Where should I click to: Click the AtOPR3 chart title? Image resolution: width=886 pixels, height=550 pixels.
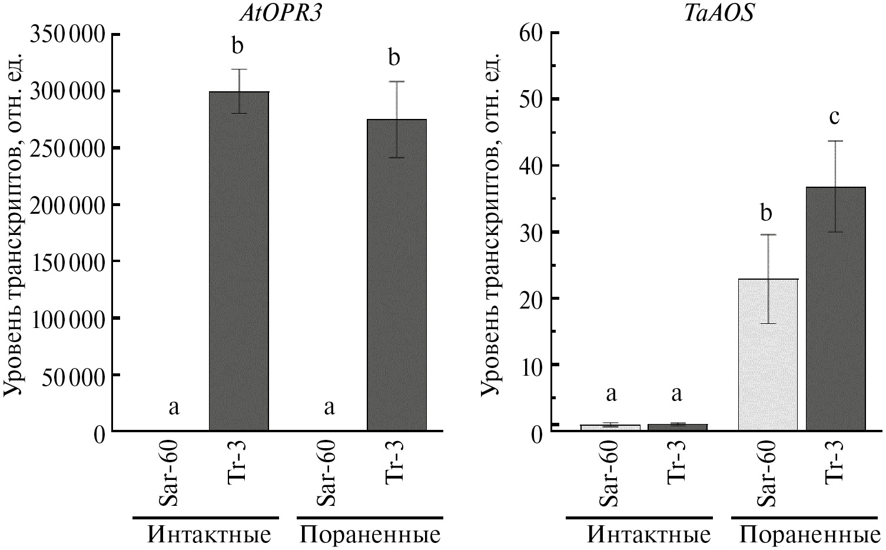click(x=280, y=13)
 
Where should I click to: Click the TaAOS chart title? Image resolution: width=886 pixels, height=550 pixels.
click(x=718, y=13)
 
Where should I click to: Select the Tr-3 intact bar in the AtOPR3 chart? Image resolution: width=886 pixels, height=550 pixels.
click(x=239, y=262)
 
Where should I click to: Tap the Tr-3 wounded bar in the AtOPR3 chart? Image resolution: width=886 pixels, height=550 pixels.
click(x=397, y=276)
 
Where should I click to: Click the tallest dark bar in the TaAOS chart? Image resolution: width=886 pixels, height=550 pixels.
click(x=835, y=309)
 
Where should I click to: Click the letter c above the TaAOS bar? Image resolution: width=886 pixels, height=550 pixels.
click(x=834, y=117)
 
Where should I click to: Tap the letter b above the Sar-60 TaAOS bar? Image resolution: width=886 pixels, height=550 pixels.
click(x=766, y=212)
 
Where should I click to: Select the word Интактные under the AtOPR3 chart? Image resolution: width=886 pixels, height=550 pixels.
click(x=209, y=535)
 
